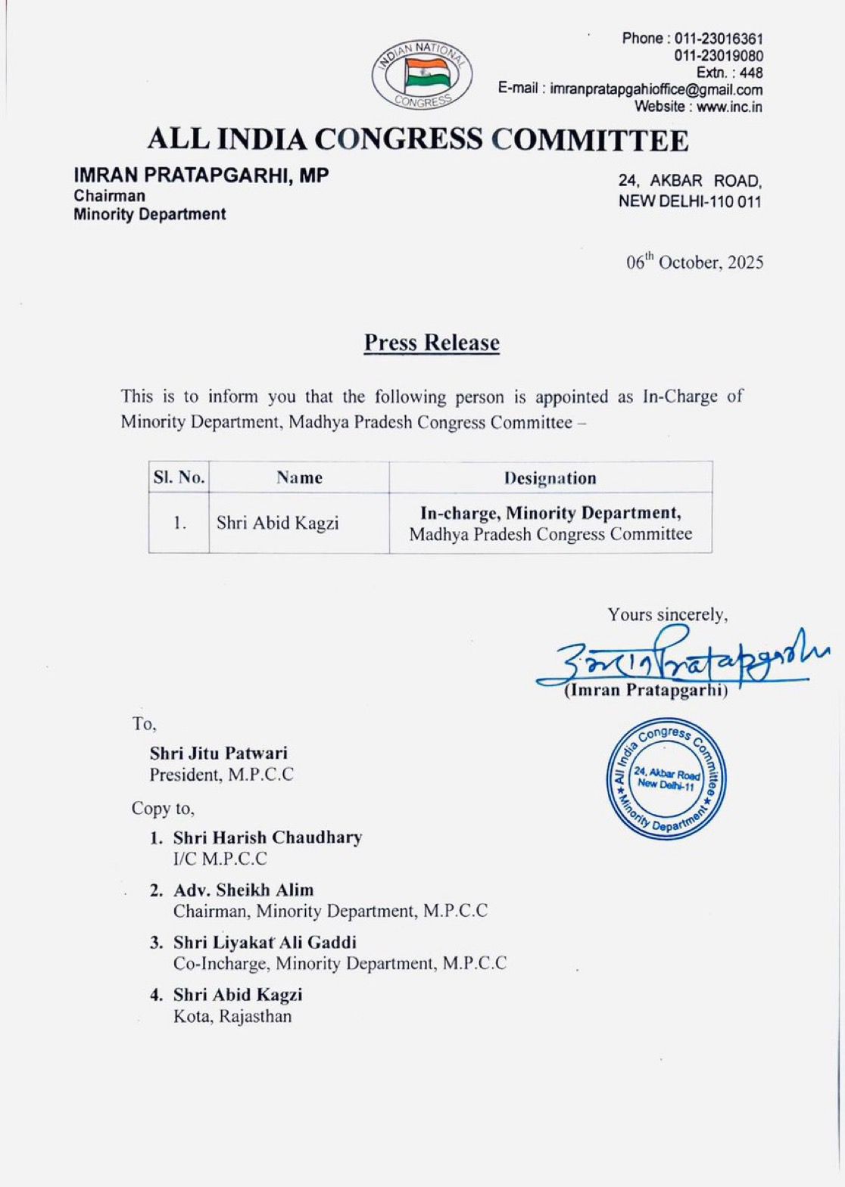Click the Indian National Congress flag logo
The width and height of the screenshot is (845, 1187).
[422, 75]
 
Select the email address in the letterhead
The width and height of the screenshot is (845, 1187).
[656, 89]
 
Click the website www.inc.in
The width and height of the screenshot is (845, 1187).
[729, 107]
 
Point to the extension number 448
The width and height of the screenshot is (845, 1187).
[750, 73]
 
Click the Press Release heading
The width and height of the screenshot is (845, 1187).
[432, 343]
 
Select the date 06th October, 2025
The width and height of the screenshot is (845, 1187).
[694, 263]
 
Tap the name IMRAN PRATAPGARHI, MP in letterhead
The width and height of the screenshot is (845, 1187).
[201, 176]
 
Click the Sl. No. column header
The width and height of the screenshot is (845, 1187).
[179, 477]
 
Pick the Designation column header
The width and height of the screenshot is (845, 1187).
[550, 478]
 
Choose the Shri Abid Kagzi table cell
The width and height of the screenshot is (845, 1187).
[278, 523]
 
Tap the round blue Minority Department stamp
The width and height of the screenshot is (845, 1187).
[666, 779]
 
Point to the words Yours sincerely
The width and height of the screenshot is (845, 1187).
[667, 614]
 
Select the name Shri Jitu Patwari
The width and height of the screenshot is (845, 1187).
[219, 753]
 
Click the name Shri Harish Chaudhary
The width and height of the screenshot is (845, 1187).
[267, 837]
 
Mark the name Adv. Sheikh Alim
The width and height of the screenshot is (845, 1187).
[243, 890]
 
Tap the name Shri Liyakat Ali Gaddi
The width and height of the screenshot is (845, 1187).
[264, 942]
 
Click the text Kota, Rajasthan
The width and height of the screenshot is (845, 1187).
[232, 1016]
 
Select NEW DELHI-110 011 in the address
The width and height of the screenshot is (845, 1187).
[690, 201]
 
